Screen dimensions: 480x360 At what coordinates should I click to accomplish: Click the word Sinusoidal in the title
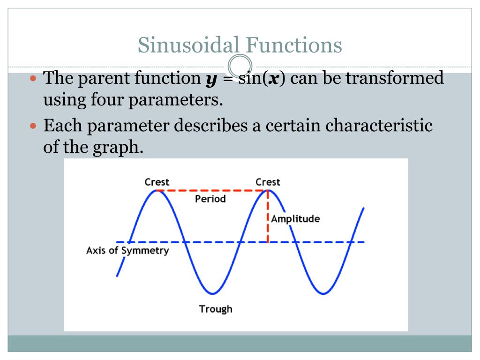point(188,45)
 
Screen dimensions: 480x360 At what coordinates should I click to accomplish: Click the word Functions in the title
point(294,45)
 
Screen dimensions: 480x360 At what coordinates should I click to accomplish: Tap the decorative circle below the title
point(240,66)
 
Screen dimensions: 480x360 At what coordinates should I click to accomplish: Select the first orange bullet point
point(33,79)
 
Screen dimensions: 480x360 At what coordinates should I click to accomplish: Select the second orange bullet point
point(33,126)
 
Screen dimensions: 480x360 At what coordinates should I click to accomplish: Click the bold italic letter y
point(211,80)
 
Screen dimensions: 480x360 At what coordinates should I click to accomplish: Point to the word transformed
point(395,78)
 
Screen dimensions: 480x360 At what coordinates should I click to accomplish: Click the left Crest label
point(157,182)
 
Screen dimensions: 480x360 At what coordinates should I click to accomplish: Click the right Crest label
point(268,182)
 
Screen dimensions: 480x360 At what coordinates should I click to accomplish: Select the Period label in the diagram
point(210,199)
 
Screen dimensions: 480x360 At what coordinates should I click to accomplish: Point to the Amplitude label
point(295,219)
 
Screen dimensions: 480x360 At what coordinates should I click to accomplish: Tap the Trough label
point(216,309)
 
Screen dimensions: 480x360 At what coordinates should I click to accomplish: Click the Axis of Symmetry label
point(127,251)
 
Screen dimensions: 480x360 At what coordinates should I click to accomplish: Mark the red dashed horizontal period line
point(212,191)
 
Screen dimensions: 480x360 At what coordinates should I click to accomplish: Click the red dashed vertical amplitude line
point(268,217)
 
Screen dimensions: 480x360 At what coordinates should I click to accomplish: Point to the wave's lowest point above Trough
point(213,293)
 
